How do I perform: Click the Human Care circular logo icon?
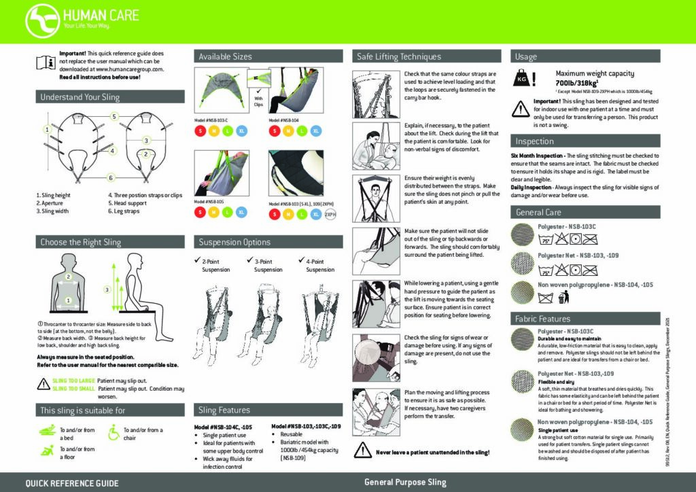point(42,20)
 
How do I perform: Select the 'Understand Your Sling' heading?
point(80,97)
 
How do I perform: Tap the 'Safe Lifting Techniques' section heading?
point(399,57)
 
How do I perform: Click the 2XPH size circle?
point(331,215)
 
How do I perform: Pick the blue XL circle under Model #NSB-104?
point(317,130)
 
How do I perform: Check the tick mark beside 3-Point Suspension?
point(249,261)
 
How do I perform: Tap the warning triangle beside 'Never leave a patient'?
point(361,452)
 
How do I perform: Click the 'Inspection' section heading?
point(534,141)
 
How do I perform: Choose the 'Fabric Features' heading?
point(543,319)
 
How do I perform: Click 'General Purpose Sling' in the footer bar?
point(405,482)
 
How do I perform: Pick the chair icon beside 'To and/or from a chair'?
point(111,430)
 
